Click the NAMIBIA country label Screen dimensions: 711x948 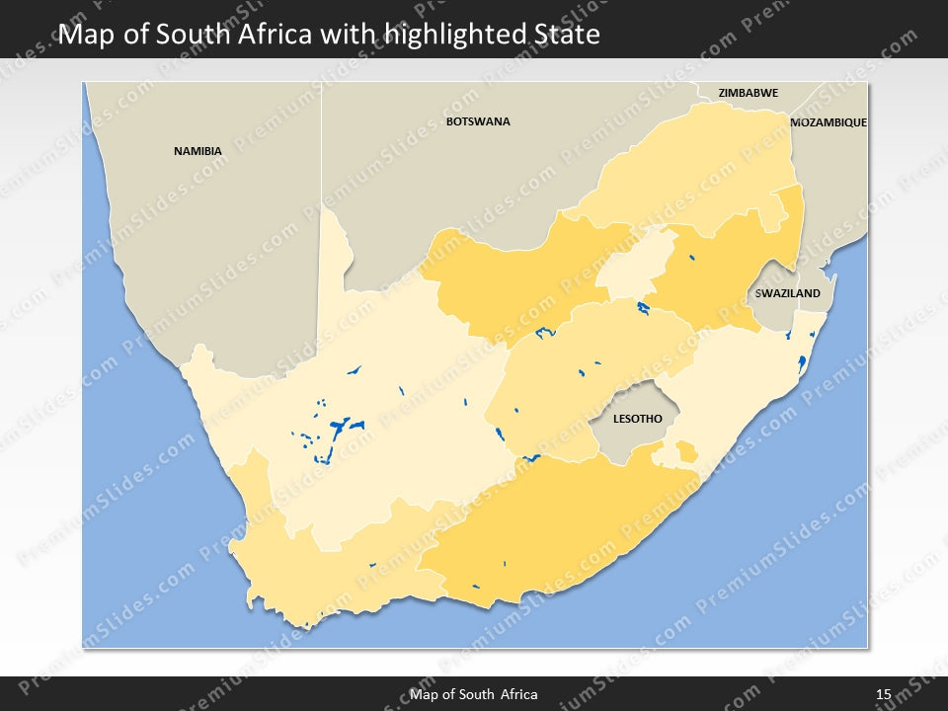pyautogui.click(x=197, y=151)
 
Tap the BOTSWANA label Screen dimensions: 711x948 pyautogui.click(x=478, y=121)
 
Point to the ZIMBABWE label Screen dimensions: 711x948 pyautogui.click(x=748, y=93)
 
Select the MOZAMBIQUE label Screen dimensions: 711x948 pyautogui.click(x=829, y=122)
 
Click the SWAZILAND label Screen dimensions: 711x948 pyautogui.click(x=787, y=293)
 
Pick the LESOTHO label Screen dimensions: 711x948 pyautogui.click(x=637, y=419)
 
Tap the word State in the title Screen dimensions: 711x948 pyautogui.click(x=564, y=35)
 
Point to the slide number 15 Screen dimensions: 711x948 pyautogui.click(x=883, y=694)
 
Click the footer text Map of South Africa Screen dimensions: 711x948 pyautogui.click(x=474, y=694)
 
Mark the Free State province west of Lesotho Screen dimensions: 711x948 pyautogui.click(x=583, y=375)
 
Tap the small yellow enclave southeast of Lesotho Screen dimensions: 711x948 pyautogui.click(x=685, y=452)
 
